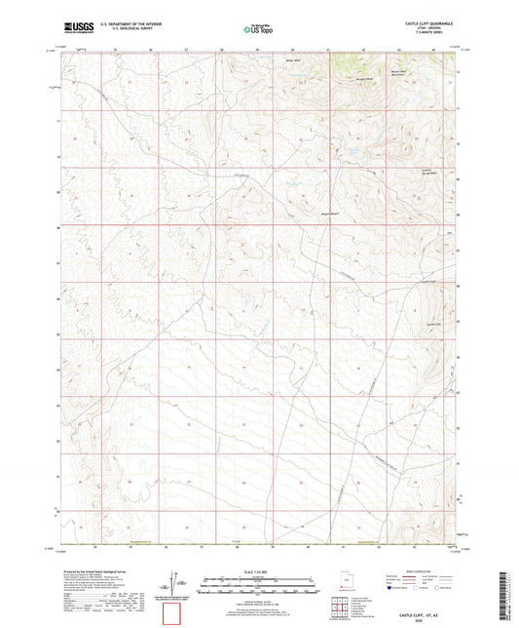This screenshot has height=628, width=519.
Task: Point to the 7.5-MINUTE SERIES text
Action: (428, 34)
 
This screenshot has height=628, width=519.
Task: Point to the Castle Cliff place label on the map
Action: (435, 323)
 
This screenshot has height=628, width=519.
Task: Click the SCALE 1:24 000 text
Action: (259, 569)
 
